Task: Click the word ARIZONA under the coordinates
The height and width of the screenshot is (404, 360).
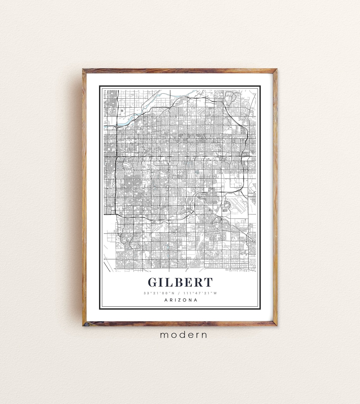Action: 181,300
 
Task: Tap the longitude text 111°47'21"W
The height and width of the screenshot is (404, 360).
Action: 200,293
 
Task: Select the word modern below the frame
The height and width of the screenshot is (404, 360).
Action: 183,335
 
